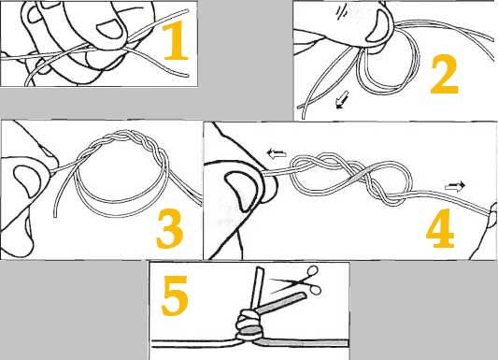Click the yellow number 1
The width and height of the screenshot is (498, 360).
pos(176,40)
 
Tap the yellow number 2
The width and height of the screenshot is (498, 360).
pos(445,74)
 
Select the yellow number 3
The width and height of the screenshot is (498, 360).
pos(170,228)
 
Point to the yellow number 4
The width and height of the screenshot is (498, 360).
pos(440,228)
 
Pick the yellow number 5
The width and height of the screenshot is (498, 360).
pos(175,295)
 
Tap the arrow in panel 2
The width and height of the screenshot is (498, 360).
pos(342,100)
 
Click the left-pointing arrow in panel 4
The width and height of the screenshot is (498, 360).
pos(277,153)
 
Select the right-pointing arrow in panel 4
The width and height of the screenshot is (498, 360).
pos(455,186)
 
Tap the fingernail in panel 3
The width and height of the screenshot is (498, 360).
pos(27,181)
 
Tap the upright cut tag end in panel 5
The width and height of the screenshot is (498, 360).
pos(256,289)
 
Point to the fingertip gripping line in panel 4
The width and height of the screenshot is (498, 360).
pos(493,212)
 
